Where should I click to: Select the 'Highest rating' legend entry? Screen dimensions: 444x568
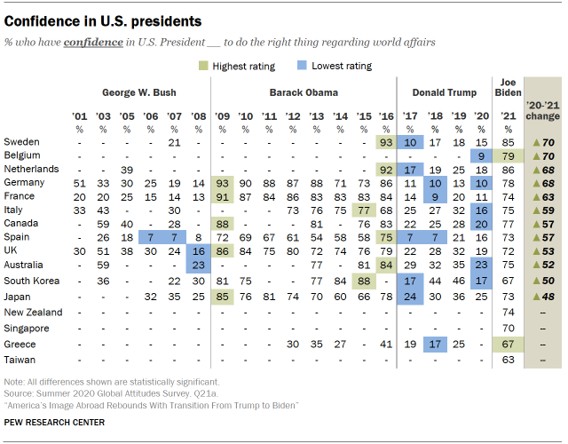(x=234, y=66)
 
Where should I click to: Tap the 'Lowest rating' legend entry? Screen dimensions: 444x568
(x=333, y=66)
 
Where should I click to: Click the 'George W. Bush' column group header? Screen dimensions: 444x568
(x=139, y=91)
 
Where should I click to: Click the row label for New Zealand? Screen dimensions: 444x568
(x=33, y=313)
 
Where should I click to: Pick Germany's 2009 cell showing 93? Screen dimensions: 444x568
(x=222, y=182)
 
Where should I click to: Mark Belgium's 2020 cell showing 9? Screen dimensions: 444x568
(x=481, y=155)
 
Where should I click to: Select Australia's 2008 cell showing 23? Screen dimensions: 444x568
(x=198, y=264)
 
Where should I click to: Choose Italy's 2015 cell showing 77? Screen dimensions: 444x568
(x=362, y=210)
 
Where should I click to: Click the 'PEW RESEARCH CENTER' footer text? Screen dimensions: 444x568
(x=55, y=422)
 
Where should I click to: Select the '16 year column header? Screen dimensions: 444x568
(x=386, y=116)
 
